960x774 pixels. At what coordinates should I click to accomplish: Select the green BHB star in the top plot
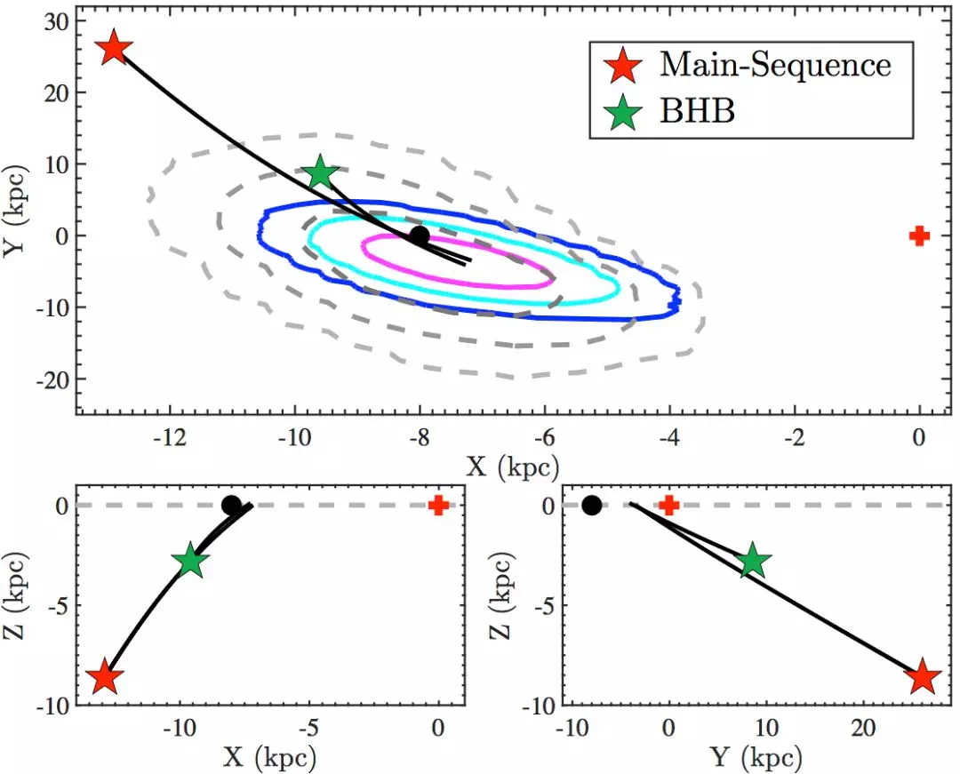click(x=320, y=173)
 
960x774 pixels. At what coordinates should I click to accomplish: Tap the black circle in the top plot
click(x=420, y=235)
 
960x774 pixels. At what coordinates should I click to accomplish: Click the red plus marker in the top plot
click(x=919, y=235)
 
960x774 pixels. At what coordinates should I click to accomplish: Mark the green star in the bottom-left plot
click(x=190, y=562)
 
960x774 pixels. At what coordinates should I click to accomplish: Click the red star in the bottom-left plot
click(x=106, y=678)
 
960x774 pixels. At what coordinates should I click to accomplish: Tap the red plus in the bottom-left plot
click(x=437, y=506)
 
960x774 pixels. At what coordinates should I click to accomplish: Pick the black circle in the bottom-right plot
click(x=591, y=507)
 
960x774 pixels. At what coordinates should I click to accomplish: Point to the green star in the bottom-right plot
click(x=753, y=561)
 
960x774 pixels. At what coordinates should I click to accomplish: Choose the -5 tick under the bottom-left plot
click(x=308, y=729)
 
